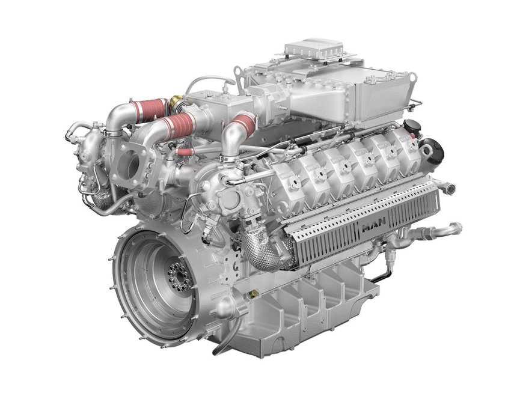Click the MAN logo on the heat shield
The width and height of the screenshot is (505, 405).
tap(373, 227)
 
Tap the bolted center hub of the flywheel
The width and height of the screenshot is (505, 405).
tap(179, 276)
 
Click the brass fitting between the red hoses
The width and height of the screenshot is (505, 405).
tap(176, 102)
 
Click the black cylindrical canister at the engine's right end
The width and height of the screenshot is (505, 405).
tap(432, 151)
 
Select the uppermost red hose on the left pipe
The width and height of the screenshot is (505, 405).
tap(151, 111)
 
